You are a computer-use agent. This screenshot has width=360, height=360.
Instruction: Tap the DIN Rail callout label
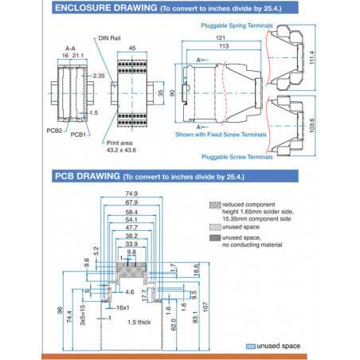[110, 37]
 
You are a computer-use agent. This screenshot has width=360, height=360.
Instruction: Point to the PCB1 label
[79, 135]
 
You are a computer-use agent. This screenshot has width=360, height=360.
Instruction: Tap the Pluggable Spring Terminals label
[232, 25]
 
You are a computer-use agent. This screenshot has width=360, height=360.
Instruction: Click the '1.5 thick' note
[139, 322]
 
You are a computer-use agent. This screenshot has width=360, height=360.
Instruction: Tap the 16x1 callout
[122, 307]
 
